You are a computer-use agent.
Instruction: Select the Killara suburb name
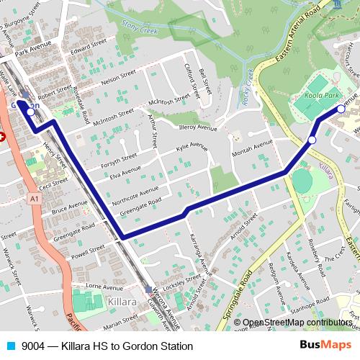pos(122,302)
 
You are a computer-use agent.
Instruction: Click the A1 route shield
pos(35,197)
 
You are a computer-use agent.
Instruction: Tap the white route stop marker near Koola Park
pos(341,109)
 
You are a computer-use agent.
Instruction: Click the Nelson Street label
pos(119,78)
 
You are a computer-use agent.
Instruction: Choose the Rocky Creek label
pos(246,90)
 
